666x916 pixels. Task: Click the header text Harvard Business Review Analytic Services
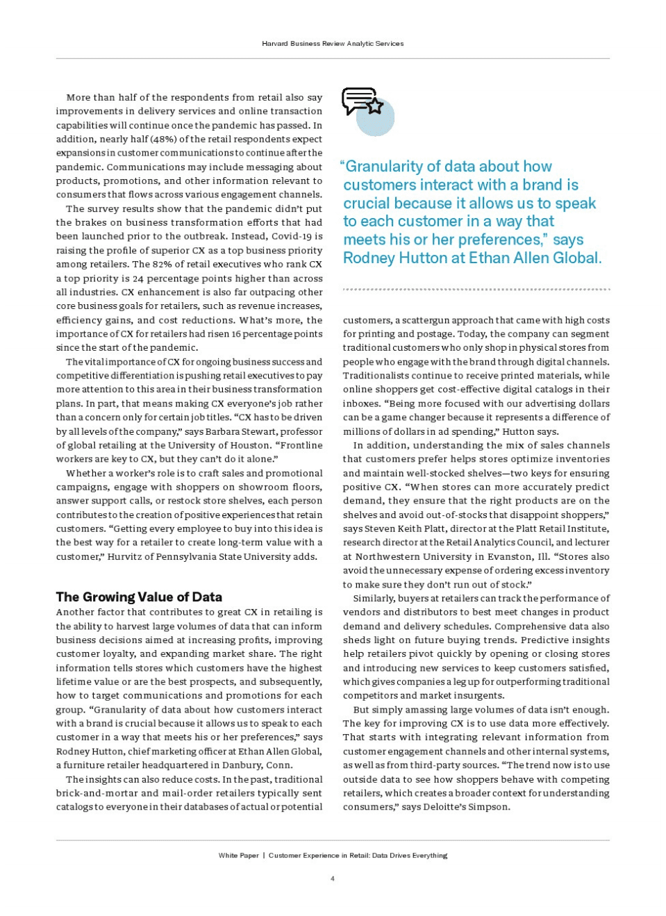pyautogui.click(x=333, y=43)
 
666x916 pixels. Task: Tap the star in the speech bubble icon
pyautogui.click(x=375, y=106)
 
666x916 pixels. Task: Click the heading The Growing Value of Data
pyautogui.click(x=139, y=597)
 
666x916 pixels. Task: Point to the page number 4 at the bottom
pyautogui.click(x=333, y=878)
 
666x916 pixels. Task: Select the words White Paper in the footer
pyautogui.click(x=238, y=856)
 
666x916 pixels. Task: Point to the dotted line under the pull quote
pyautogui.click(x=476, y=289)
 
